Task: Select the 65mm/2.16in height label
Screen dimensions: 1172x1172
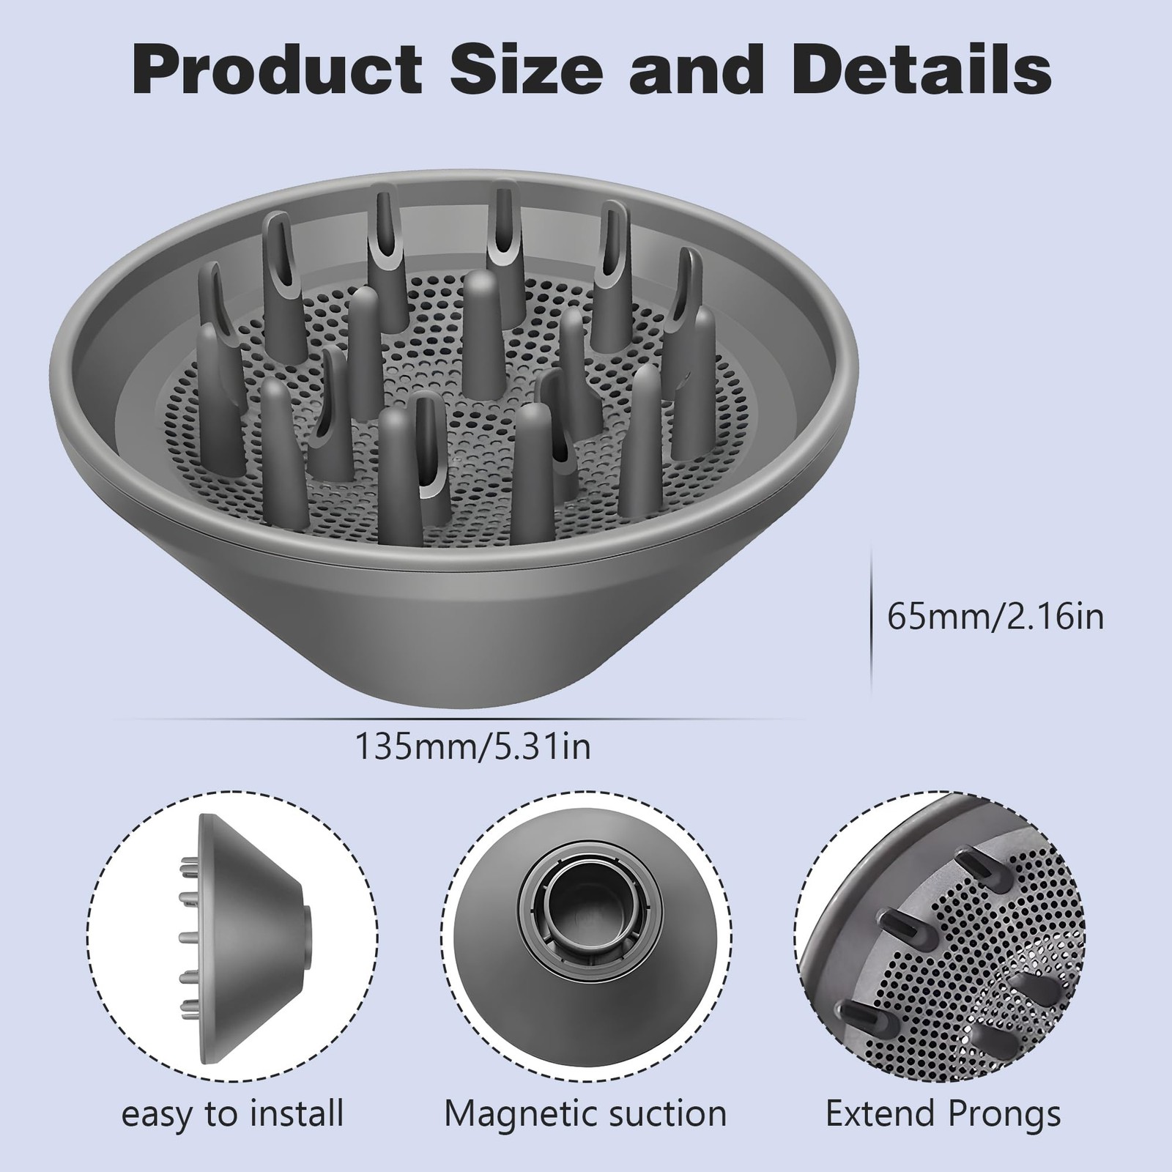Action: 995,617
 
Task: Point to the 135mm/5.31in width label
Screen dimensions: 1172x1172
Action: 473,748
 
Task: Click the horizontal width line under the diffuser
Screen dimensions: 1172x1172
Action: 469,719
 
